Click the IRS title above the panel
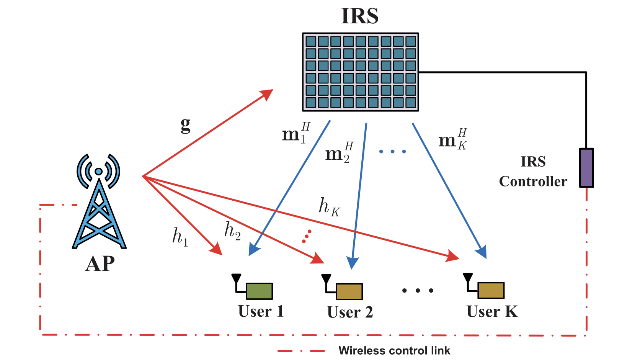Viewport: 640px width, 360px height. click(x=360, y=16)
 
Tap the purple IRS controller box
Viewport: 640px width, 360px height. click(x=586, y=168)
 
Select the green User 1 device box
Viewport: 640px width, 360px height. click(x=259, y=291)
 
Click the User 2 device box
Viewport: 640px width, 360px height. click(x=349, y=291)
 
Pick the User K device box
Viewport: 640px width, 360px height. click(x=491, y=290)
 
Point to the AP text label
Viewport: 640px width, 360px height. click(x=100, y=263)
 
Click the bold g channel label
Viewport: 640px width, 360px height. click(x=186, y=125)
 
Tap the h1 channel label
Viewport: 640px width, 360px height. click(x=180, y=237)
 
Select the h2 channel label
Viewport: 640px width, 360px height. click(x=233, y=231)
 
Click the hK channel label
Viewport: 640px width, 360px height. click(x=330, y=207)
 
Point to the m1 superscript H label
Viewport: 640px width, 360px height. click(x=296, y=133)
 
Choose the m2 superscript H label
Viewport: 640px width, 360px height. click(x=340, y=152)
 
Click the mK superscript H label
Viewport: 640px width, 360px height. click(x=453, y=139)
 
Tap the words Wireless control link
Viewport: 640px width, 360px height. click(x=394, y=350)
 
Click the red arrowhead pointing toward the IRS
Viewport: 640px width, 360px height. click(x=266, y=95)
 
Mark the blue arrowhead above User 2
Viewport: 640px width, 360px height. click(x=353, y=263)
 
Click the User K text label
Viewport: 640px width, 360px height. click(x=492, y=311)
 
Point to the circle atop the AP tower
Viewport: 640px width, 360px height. click(x=99, y=172)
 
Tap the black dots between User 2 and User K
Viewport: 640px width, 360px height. click(x=418, y=291)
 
